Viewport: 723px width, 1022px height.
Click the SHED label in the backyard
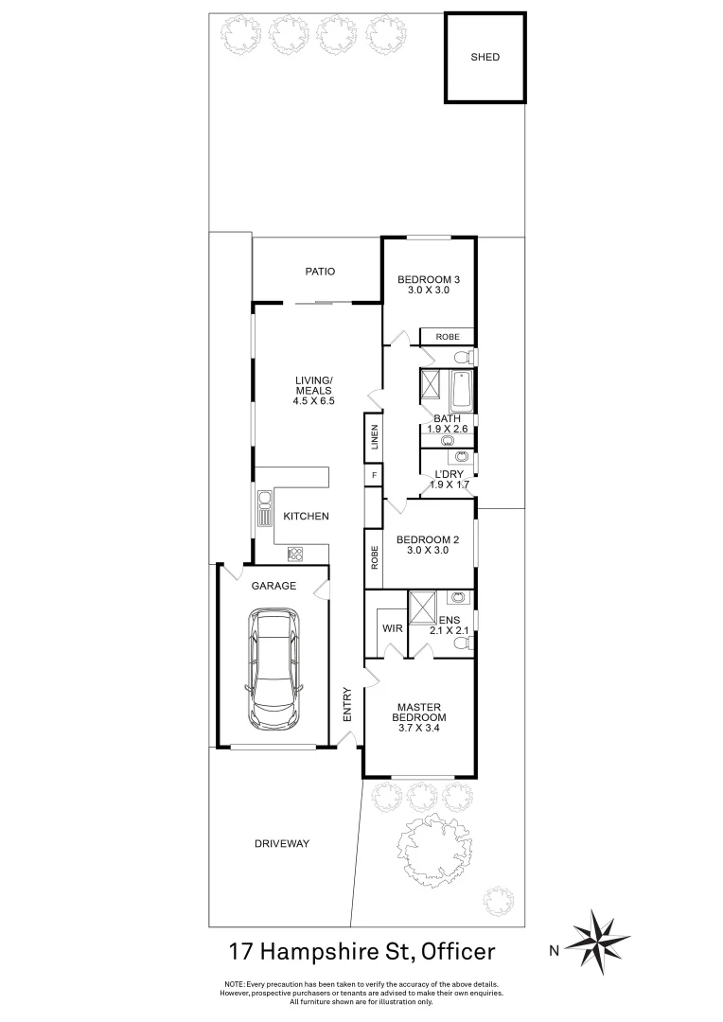485,58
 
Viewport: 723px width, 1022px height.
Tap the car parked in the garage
273,670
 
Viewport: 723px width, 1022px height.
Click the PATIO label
320,272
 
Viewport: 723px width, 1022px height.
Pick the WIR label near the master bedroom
392,627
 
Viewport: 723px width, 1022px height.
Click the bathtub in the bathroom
461,390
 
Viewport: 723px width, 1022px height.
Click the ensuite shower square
422,604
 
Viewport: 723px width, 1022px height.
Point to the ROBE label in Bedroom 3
448,337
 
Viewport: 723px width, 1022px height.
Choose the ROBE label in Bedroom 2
375,557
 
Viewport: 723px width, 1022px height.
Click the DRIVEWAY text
282,843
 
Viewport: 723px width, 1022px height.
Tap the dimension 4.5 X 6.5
315,401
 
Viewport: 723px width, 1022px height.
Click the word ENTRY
347,705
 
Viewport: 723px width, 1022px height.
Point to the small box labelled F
374,475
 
